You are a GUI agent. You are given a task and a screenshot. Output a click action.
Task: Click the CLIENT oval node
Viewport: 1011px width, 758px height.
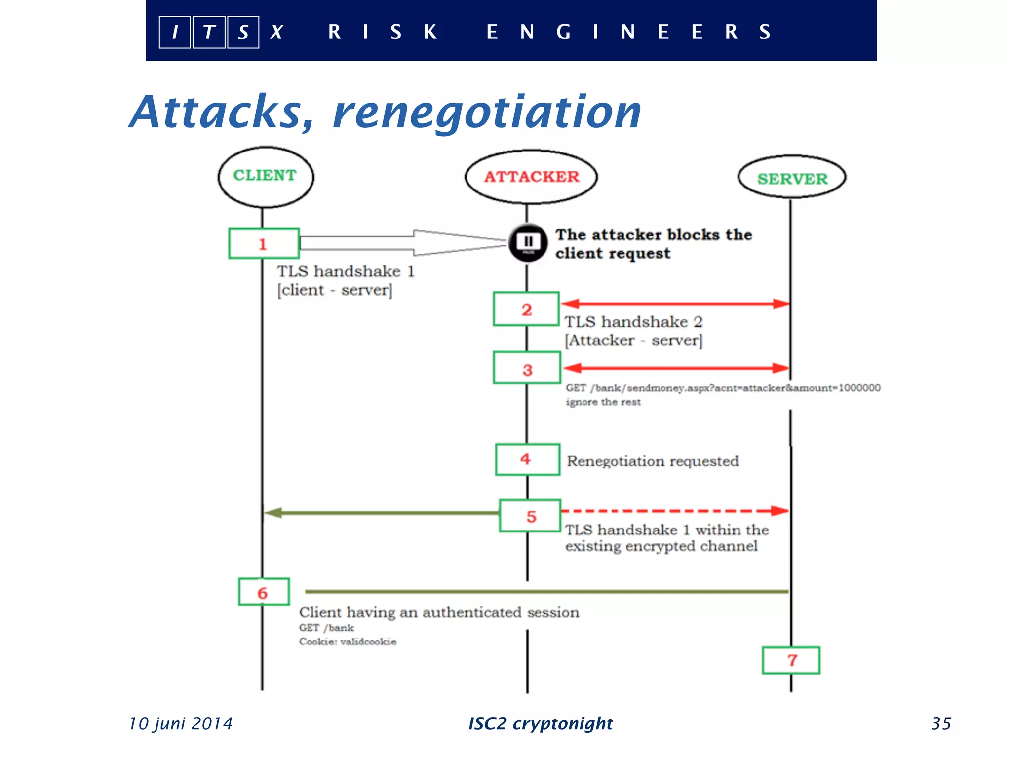pos(266,177)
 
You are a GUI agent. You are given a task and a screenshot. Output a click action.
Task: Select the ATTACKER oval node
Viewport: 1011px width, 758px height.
pos(531,177)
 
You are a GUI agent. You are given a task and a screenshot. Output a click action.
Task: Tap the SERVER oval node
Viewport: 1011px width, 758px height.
pos(792,178)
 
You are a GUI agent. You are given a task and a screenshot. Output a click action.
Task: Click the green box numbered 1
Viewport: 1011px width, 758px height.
pos(264,243)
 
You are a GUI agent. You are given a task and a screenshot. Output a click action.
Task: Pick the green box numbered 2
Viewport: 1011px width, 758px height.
pos(526,309)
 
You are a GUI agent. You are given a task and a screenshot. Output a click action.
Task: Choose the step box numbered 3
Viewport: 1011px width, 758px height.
pos(527,368)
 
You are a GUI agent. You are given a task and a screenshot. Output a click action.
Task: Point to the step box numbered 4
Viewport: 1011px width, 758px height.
pos(527,459)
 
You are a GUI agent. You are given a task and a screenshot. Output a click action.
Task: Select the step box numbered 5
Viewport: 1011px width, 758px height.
pos(530,516)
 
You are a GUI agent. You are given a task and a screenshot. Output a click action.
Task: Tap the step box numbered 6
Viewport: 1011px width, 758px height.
pos(264,592)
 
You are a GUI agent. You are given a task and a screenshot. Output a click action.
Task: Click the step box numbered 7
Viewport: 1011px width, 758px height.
pos(791,660)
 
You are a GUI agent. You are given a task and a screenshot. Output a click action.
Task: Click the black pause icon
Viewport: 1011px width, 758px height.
pos(528,242)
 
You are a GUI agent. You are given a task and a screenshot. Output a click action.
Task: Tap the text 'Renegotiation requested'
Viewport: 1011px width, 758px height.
pos(653,461)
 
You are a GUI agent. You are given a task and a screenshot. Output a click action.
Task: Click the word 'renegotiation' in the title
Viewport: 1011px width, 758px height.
pos(487,113)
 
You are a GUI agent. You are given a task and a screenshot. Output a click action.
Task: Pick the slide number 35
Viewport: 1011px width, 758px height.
pos(941,723)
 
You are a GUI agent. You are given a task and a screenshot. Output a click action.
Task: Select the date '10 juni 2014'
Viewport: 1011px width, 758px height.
pos(181,723)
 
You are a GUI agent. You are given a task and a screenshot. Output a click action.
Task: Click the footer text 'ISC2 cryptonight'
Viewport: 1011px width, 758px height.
pos(540,723)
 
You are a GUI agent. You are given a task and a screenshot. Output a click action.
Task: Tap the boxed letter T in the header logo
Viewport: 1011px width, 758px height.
pos(209,33)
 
